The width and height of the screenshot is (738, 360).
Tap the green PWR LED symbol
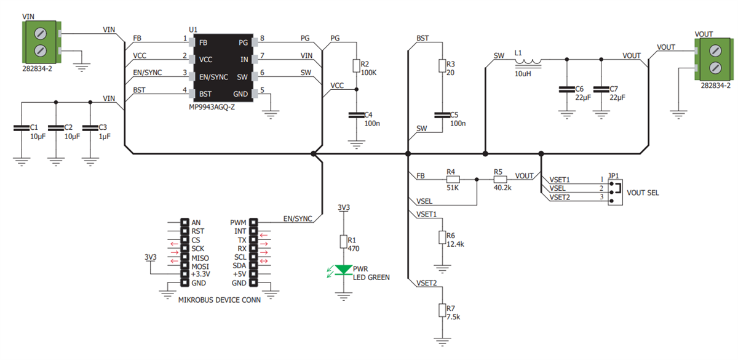click(343, 269)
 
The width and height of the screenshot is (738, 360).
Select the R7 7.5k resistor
click(441, 310)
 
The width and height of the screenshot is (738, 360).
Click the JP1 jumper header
click(613, 188)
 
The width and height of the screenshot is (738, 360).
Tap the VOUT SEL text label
click(643, 193)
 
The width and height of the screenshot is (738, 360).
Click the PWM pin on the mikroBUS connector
click(237, 223)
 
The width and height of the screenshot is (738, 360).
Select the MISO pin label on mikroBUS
click(200, 257)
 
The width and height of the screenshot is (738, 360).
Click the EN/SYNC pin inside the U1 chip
click(212, 77)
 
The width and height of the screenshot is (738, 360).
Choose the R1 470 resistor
click(343, 241)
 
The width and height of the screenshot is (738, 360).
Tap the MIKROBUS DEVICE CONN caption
click(219, 301)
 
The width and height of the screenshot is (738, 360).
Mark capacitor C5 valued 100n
click(441, 115)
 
